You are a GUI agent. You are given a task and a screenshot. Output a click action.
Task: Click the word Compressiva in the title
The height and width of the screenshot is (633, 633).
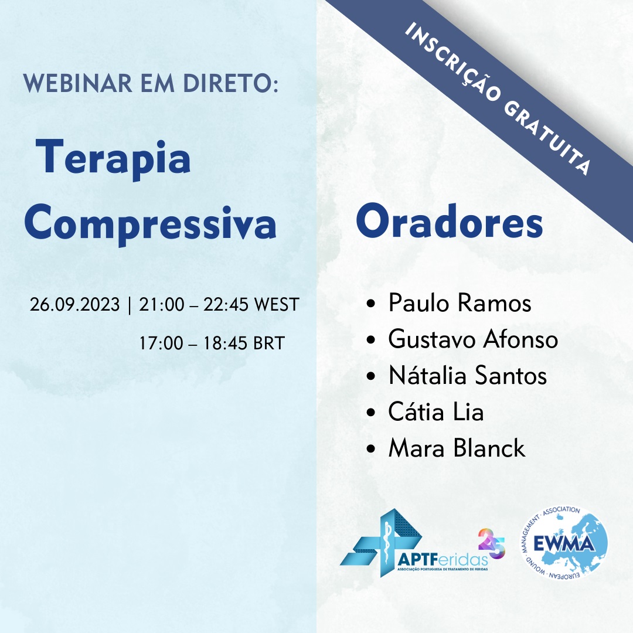point(150,224)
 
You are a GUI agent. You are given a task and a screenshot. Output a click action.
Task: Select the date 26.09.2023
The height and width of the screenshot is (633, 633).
point(74,304)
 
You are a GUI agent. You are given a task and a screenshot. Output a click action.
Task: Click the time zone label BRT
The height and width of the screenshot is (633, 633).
point(269,343)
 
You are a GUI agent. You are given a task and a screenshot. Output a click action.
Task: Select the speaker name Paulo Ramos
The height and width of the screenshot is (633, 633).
point(460,303)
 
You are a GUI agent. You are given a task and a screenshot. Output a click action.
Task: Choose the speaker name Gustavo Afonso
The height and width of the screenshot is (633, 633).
point(473,339)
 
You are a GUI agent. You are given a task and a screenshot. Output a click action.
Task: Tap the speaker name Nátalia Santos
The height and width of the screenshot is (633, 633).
point(468,375)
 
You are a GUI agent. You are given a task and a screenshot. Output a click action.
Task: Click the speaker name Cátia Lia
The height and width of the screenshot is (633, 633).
point(436,411)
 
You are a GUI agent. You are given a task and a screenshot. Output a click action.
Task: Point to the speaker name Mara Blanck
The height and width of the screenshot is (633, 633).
point(457,448)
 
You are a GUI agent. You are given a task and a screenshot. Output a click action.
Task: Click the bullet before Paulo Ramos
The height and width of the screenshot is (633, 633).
point(371,304)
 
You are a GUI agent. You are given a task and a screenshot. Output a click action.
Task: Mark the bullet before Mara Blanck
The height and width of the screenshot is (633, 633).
point(371,449)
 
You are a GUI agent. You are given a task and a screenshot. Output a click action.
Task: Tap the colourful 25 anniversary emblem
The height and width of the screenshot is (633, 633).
point(491,544)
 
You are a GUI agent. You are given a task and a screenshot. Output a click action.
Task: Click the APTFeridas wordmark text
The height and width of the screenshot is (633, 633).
point(443,560)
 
